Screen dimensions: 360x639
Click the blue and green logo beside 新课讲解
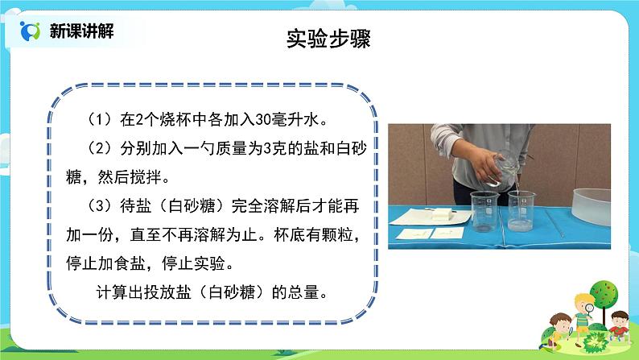(x=31, y=31)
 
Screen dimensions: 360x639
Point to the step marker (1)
(x=104, y=120)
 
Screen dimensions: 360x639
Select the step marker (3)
(x=104, y=206)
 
